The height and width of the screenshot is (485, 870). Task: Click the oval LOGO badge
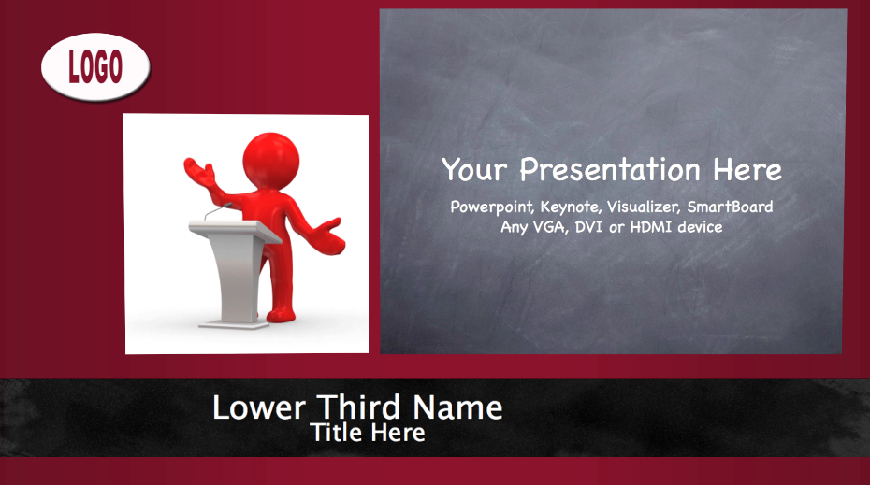[95, 66]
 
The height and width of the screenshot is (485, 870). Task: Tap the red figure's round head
[270, 160]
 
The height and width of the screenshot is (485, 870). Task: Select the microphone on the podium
[218, 210]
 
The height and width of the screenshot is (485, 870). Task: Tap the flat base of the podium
[234, 324]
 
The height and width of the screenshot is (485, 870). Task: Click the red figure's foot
[281, 315]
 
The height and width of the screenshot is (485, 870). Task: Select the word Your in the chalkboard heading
[474, 169]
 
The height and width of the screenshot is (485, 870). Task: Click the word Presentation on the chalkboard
[610, 169]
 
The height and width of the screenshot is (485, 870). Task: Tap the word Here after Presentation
[747, 169]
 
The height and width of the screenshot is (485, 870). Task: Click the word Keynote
[571, 207]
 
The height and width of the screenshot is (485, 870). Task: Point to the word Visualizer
[644, 207]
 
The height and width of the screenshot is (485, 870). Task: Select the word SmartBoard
[731, 207]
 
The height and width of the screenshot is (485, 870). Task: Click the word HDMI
[651, 227]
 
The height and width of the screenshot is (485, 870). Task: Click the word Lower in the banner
[259, 407]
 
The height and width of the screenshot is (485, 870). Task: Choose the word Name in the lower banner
[457, 407]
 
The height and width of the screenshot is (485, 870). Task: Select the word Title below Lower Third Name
[336, 433]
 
